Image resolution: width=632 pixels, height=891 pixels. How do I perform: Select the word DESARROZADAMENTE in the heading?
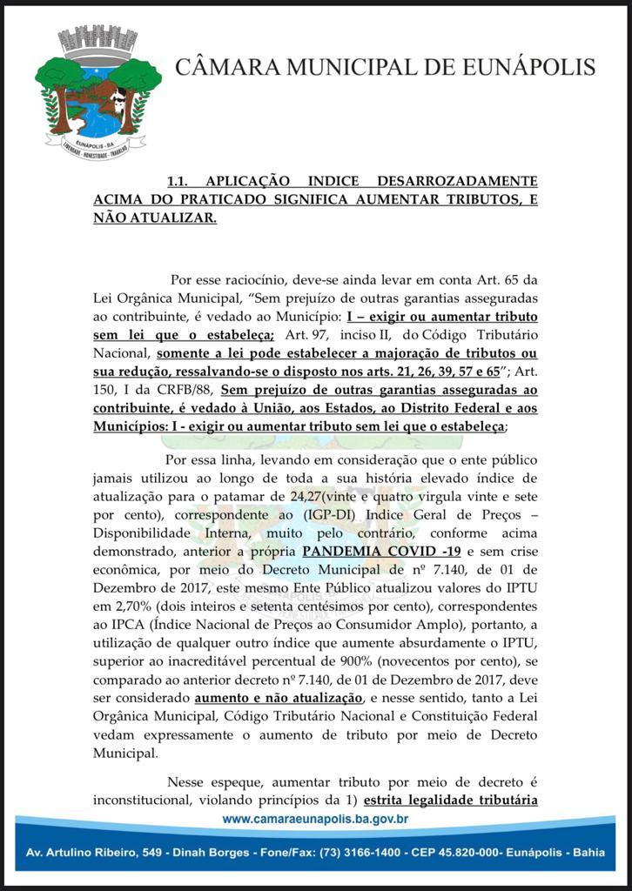coord(454,182)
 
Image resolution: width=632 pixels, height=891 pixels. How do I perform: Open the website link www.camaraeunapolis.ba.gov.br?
coord(316,819)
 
